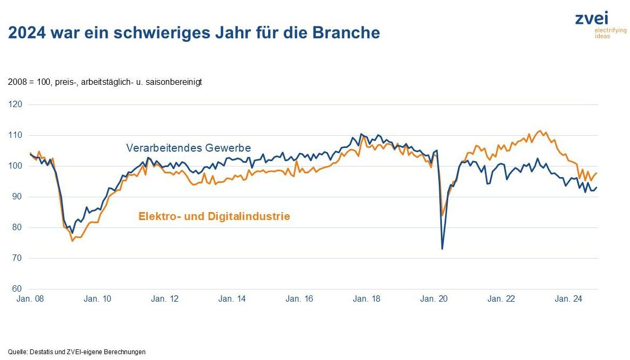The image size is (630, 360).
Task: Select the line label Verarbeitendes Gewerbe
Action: [x=188, y=148]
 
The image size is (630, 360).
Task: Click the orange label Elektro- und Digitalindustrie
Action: [x=214, y=216]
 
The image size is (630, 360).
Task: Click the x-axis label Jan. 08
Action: [x=30, y=299]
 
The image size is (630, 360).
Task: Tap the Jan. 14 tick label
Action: [x=232, y=299]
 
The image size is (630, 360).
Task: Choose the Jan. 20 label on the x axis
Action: [x=434, y=299]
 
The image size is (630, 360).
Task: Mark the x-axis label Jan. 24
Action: [x=569, y=299]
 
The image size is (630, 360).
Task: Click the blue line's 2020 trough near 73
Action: [x=442, y=249]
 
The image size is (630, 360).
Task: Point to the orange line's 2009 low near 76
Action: [x=73, y=241]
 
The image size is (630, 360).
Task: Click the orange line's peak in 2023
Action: [x=540, y=130]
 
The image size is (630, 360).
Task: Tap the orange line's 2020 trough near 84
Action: [x=442, y=216]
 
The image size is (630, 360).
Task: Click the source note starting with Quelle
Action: [x=77, y=352]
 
